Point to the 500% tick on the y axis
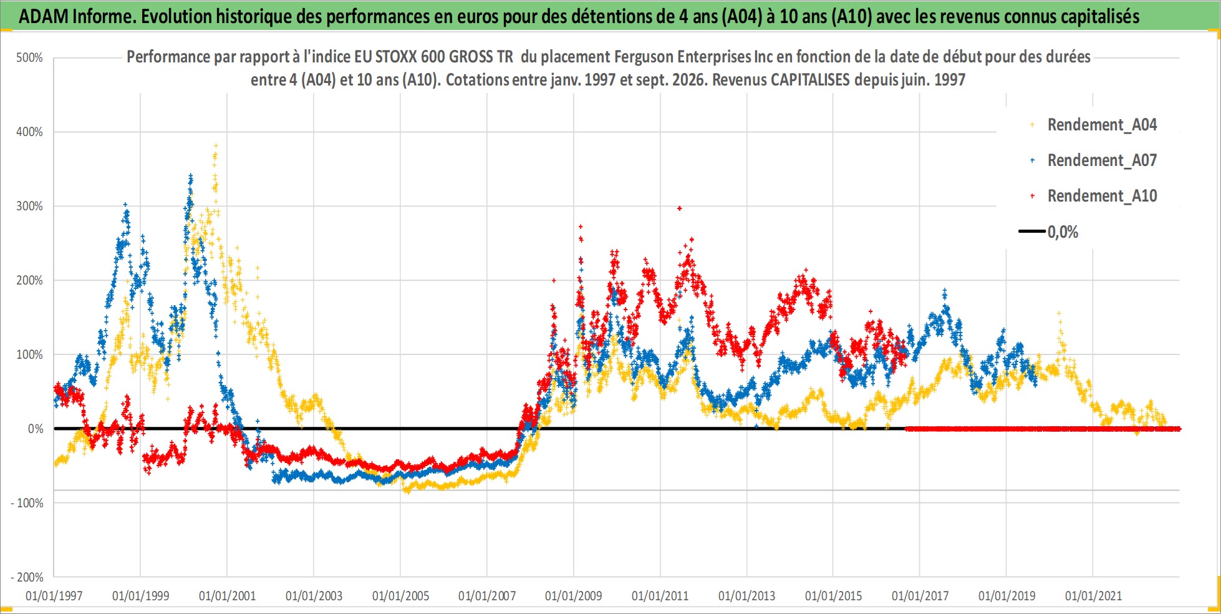[29, 58]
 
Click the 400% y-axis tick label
[29, 132]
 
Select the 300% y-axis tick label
[29, 206]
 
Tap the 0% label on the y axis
[36, 429]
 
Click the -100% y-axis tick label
[27, 503]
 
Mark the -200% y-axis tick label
[27, 577]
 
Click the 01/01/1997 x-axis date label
[54, 596]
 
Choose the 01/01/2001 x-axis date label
[227, 596]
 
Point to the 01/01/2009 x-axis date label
[574, 596]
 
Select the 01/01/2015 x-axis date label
[833, 596]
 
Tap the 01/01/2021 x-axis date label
[1093, 596]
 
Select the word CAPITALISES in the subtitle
[808, 80]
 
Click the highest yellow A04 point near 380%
[216, 145]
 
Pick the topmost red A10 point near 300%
[680, 208]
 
